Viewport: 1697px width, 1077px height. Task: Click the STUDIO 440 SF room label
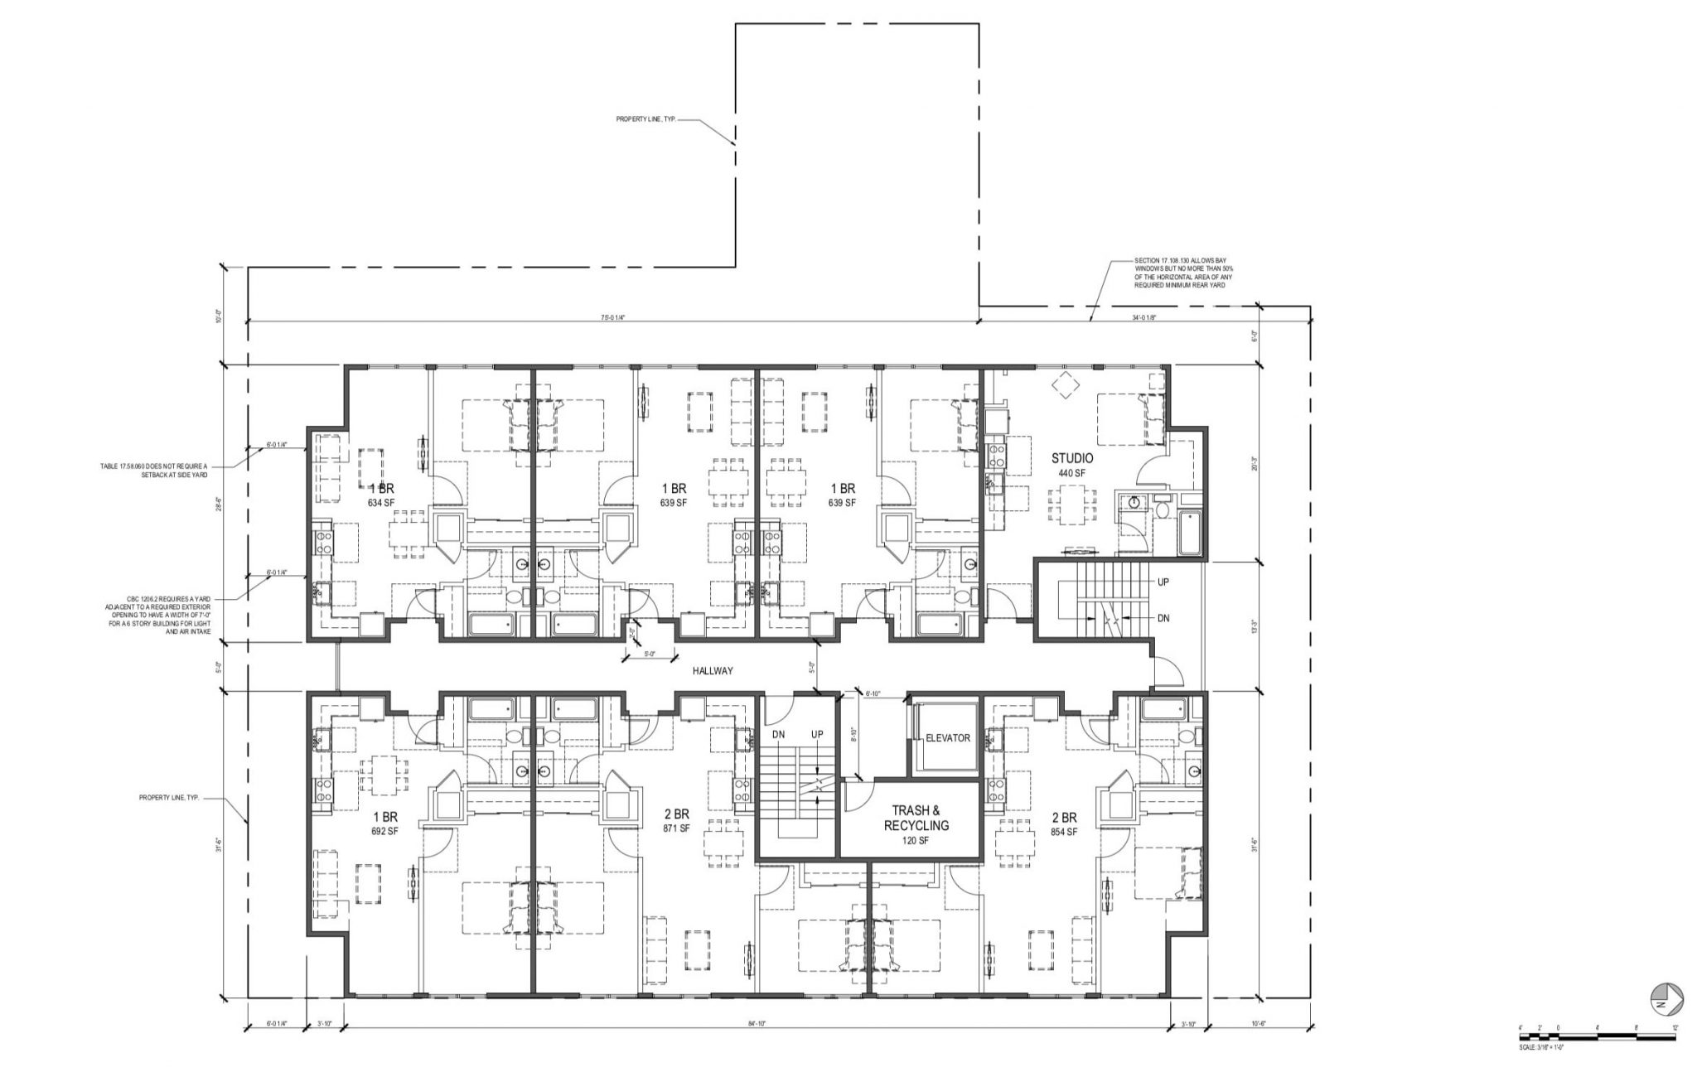(x=1072, y=465)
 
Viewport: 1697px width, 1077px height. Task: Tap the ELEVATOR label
(x=947, y=737)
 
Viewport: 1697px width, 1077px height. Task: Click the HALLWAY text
(x=713, y=671)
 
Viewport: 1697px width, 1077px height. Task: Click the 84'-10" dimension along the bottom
(x=755, y=1025)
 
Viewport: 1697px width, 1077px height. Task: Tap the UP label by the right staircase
(x=1163, y=582)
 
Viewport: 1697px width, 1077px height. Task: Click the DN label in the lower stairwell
(x=778, y=735)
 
